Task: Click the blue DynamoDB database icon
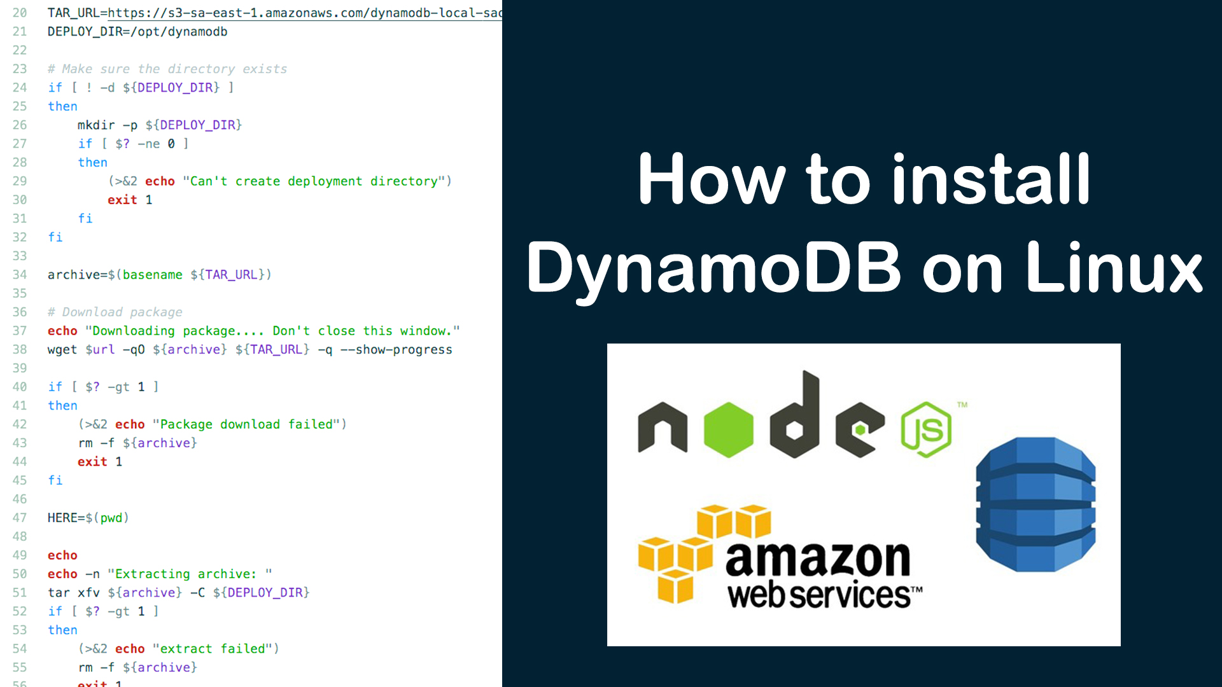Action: pos(1036,504)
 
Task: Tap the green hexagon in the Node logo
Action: pos(728,429)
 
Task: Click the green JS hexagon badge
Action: pos(926,430)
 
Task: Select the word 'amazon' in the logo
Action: pos(818,559)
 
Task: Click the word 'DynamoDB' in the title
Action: pos(713,268)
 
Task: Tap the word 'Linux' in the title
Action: pos(1114,268)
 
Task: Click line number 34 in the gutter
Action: pos(20,275)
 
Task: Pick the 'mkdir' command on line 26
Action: pos(96,125)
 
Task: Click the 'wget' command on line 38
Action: pos(62,350)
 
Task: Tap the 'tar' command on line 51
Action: pos(59,593)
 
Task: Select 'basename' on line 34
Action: pos(152,275)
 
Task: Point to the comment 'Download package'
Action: pos(122,312)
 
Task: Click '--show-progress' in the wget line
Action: pos(396,350)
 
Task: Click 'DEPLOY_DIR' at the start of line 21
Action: pos(85,32)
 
